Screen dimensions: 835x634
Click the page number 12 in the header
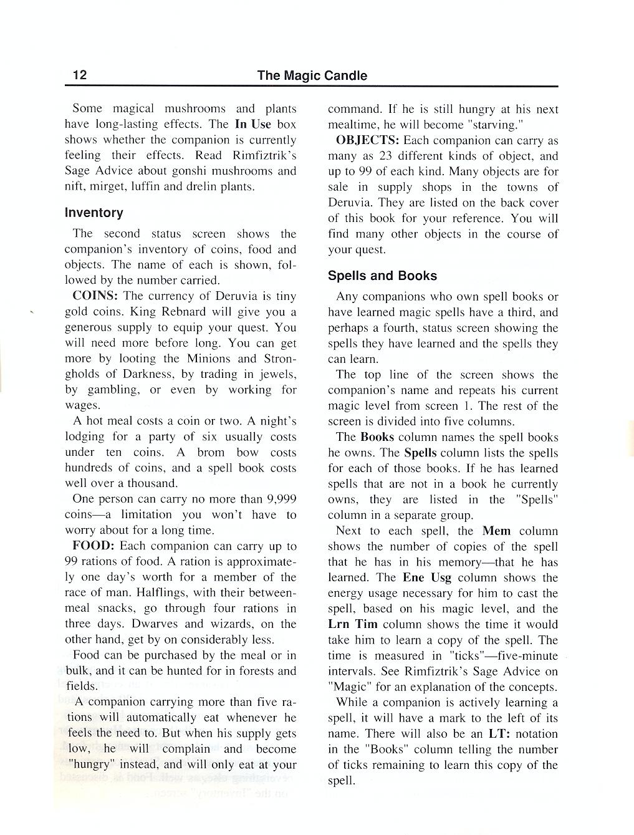(x=80, y=75)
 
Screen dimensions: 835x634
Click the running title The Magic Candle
(x=312, y=75)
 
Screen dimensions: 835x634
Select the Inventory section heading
(x=94, y=213)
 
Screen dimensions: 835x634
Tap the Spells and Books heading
(x=382, y=276)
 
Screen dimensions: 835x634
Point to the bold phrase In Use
(x=252, y=124)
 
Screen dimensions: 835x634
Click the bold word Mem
(x=496, y=531)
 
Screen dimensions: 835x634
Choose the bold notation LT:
(x=499, y=734)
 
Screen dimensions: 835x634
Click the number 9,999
(x=281, y=499)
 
